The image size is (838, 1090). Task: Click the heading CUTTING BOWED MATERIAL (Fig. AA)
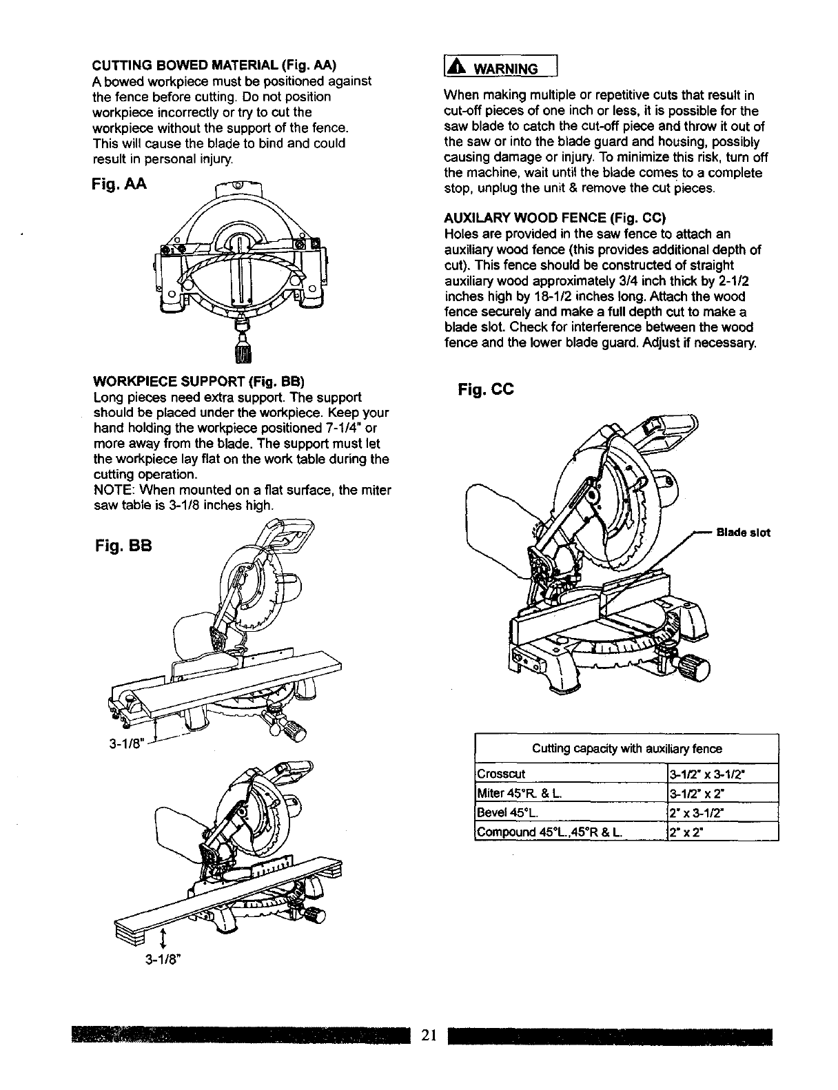tap(214, 65)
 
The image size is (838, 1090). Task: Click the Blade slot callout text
tap(743, 533)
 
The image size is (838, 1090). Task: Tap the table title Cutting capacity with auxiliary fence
tap(626, 749)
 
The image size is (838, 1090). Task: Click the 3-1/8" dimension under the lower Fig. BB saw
tap(163, 958)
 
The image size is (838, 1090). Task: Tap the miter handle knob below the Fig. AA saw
tap(243, 349)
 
